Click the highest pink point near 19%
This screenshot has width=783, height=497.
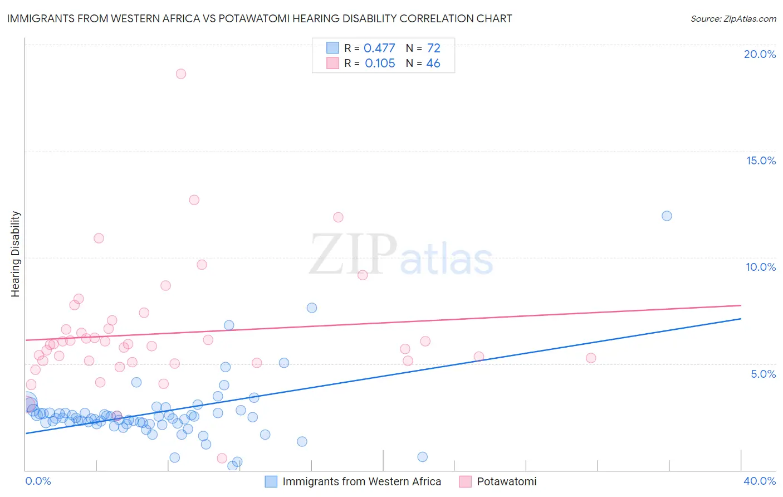(x=180, y=74)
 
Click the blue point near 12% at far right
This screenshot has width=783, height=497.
(x=667, y=216)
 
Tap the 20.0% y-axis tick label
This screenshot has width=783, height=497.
(x=760, y=54)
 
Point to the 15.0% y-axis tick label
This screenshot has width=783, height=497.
(x=761, y=160)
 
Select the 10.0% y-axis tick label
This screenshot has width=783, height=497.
(x=761, y=267)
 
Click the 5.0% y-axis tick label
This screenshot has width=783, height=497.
(x=763, y=374)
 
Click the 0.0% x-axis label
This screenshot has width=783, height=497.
(x=38, y=481)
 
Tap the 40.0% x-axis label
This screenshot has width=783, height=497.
(x=760, y=481)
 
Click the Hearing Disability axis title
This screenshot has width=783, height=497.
(x=15, y=254)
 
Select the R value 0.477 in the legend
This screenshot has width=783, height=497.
(x=379, y=48)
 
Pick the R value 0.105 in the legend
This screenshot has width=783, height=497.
(x=380, y=63)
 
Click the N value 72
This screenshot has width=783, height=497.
(x=433, y=48)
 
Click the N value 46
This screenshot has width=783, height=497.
(x=433, y=63)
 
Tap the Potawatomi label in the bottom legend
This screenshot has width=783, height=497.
(x=507, y=481)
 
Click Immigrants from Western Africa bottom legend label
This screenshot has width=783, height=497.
(x=361, y=481)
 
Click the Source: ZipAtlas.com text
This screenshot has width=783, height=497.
(x=733, y=18)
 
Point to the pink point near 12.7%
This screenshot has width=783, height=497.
(x=194, y=199)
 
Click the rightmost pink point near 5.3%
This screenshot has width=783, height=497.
(x=591, y=358)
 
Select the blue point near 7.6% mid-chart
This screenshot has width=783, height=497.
(x=312, y=308)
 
